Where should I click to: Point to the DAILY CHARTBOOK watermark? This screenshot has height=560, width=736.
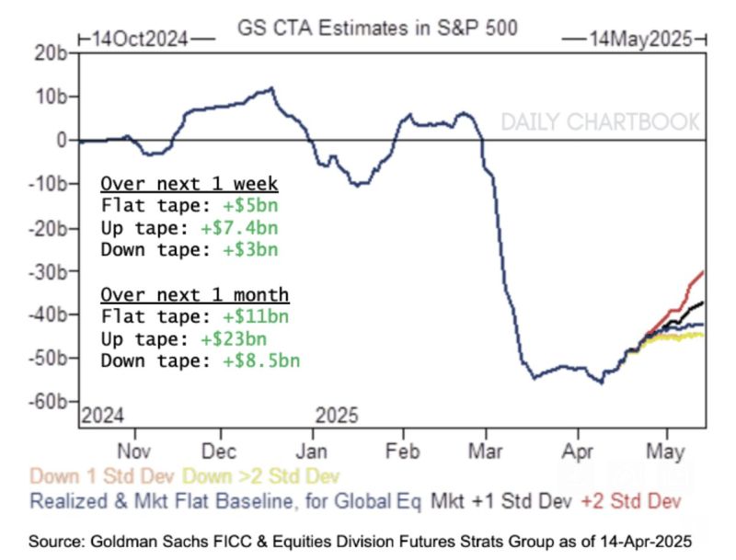click(600, 122)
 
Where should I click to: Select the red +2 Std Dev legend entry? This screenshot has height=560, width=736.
click(631, 501)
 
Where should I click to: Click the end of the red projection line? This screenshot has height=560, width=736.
click(704, 271)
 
